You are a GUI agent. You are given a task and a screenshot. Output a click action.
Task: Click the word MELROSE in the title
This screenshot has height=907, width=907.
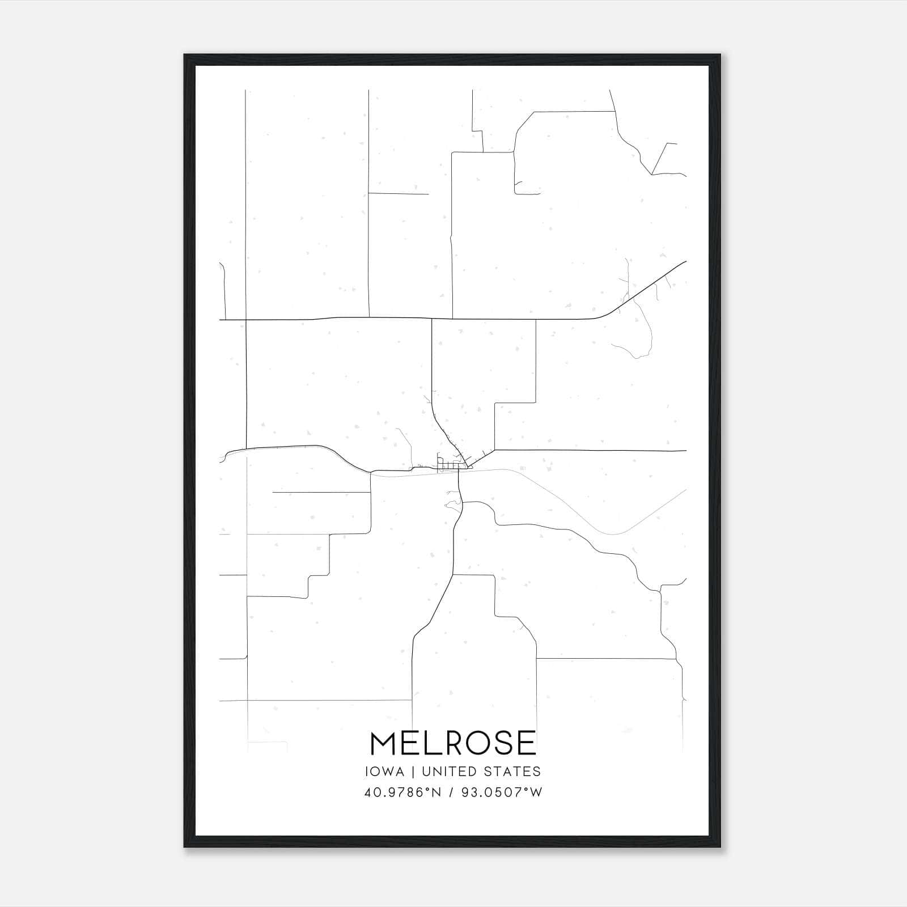tap(453, 743)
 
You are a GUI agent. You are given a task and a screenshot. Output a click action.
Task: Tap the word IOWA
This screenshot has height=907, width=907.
tap(384, 772)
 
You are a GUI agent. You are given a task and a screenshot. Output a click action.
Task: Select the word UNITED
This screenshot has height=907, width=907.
tap(446, 772)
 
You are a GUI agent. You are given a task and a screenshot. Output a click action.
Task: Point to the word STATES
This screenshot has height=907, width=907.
tap(512, 772)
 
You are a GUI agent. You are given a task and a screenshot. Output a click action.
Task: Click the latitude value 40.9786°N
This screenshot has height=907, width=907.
tap(402, 792)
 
